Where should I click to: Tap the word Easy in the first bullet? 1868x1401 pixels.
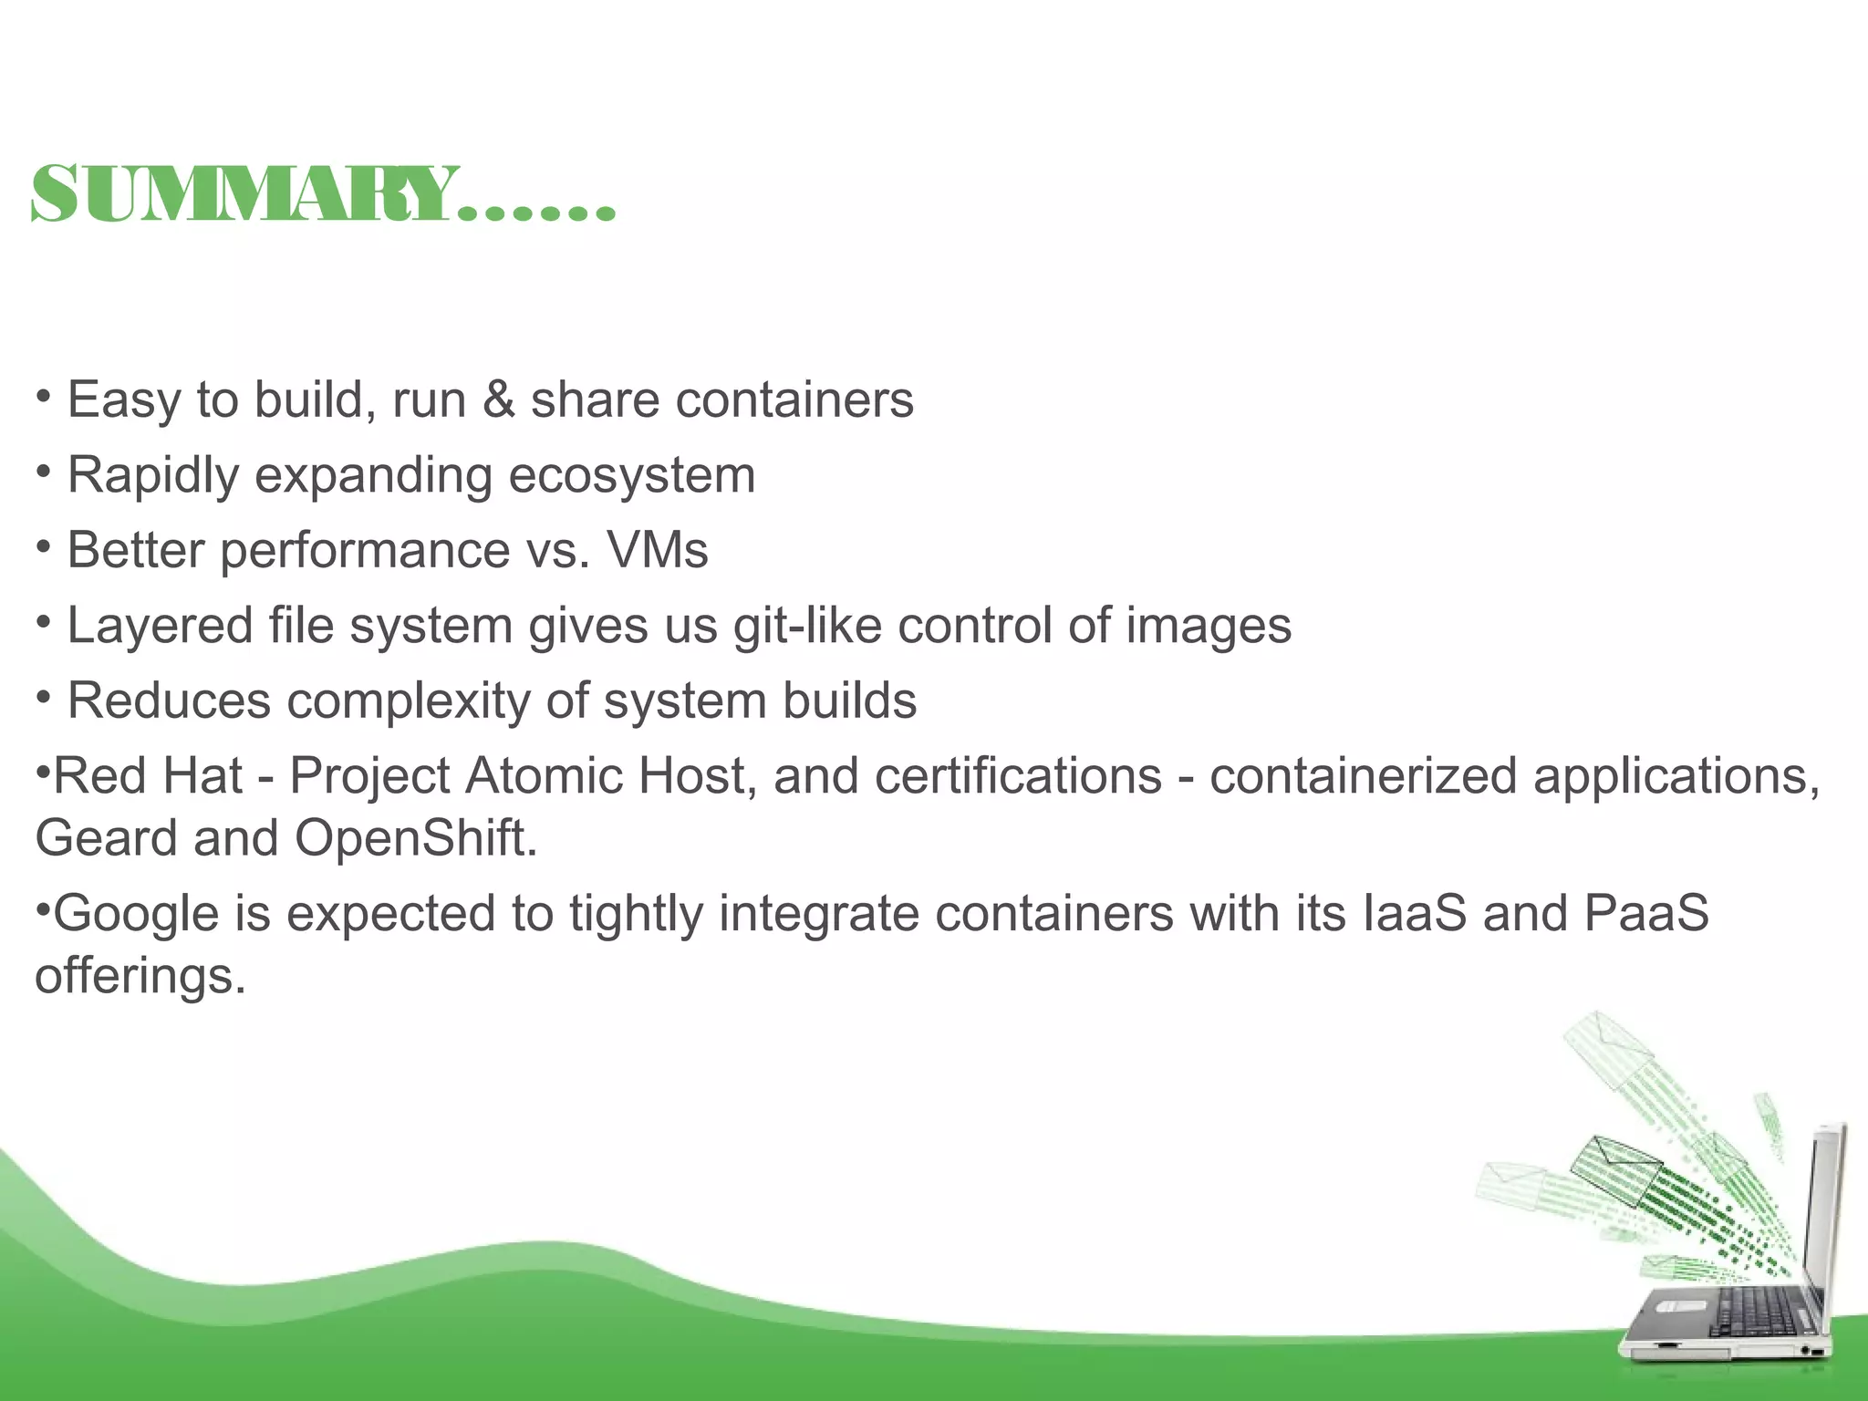pyautogui.click(x=123, y=401)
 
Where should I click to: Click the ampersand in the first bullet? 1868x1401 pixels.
pyautogui.click(x=498, y=400)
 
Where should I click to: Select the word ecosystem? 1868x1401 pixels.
pyautogui.click(x=631, y=476)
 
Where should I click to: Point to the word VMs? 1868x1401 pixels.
pyautogui.click(x=658, y=551)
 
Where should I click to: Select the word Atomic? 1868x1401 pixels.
pyautogui.click(x=545, y=776)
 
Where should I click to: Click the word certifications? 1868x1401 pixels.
pyautogui.click(x=1018, y=776)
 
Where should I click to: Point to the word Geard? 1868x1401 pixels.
pyautogui.click(x=106, y=838)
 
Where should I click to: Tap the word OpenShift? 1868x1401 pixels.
pyautogui.click(x=415, y=838)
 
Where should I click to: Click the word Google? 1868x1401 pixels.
pyautogui.click(x=136, y=914)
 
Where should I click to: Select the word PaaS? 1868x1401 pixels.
pyautogui.click(x=1646, y=914)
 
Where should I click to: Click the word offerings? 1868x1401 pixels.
pyautogui.click(x=140, y=976)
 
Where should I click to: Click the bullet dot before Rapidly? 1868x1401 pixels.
pyautogui.click(x=43, y=472)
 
